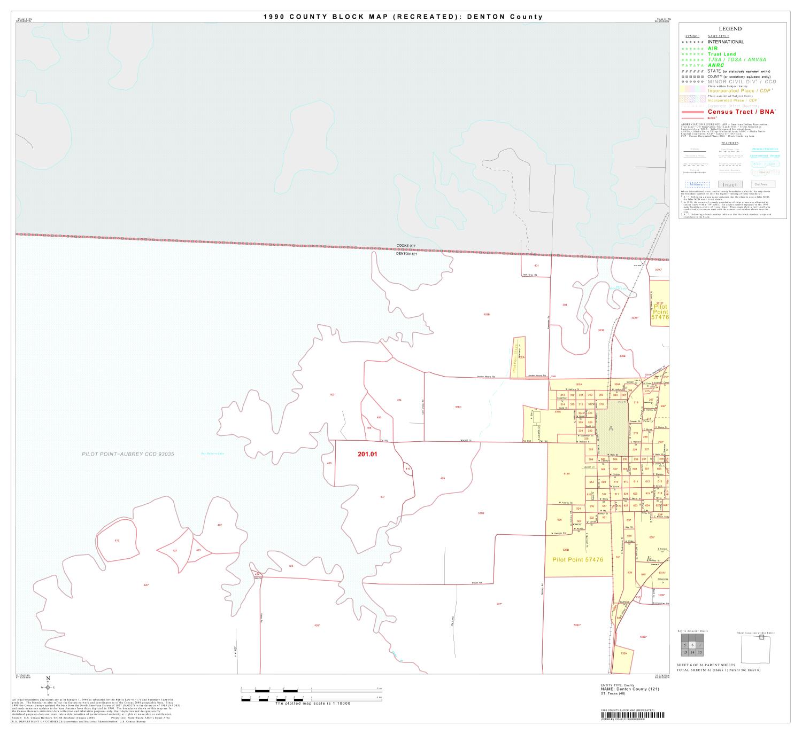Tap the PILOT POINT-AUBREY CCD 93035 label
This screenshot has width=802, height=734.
pyautogui.click(x=128, y=454)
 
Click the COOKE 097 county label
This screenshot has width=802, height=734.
pyautogui.click(x=405, y=246)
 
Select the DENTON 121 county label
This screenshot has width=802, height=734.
pyautogui.click(x=405, y=254)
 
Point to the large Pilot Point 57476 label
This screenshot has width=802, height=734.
pyautogui.click(x=577, y=560)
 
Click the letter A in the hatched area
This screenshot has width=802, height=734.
pyautogui.click(x=611, y=428)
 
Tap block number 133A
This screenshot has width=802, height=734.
pyautogui.click(x=623, y=653)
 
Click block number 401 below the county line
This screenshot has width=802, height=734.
pyautogui.click(x=536, y=266)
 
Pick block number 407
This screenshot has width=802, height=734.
pyautogui.click(x=382, y=497)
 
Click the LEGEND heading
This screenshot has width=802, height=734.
pyautogui.click(x=730, y=29)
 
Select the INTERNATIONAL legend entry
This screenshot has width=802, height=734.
pyautogui.click(x=726, y=42)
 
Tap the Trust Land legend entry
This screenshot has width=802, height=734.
pyautogui.click(x=722, y=54)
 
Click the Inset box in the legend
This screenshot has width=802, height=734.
pyautogui.click(x=730, y=185)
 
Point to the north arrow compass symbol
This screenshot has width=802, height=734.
pyautogui.click(x=48, y=688)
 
